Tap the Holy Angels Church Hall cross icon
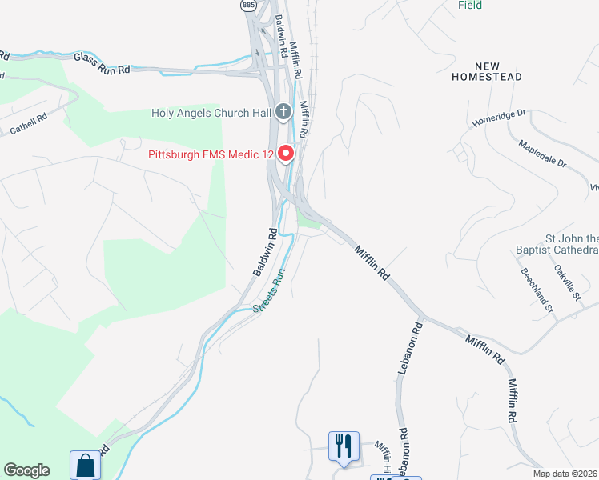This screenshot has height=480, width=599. pos(283,113)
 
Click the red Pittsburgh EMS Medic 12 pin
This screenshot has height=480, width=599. pos(286,152)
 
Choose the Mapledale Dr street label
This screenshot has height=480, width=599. pos(542,153)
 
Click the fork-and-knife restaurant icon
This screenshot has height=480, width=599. pos(344,445)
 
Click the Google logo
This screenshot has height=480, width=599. pos(26,470)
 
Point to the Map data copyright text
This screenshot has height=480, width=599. pos(565,474)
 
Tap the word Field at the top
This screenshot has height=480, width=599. pos(470,5)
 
